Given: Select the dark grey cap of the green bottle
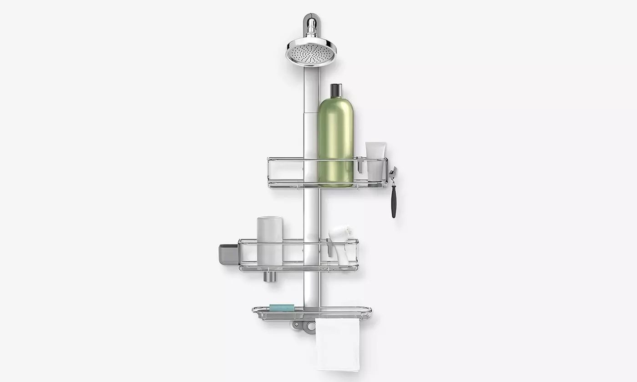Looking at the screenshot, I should pyautogui.click(x=336, y=90).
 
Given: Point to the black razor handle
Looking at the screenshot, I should pyautogui.click(x=394, y=201).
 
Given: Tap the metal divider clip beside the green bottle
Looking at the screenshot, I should pyautogui.click(x=359, y=165).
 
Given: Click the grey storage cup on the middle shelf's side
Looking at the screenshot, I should pyautogui.click(x=228, y=254).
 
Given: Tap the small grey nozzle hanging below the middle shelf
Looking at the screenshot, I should pyautogui.click(x=269, y=276).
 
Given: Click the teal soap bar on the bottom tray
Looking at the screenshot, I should pyautogui.click(x=281, y=308).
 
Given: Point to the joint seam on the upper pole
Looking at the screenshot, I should pyautogui.click(x=311, y=113).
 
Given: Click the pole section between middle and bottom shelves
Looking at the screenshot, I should pyautogui.click(x=311, y=289).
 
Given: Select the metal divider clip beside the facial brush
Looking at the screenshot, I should pyautogui.click(x=329, y=247).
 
